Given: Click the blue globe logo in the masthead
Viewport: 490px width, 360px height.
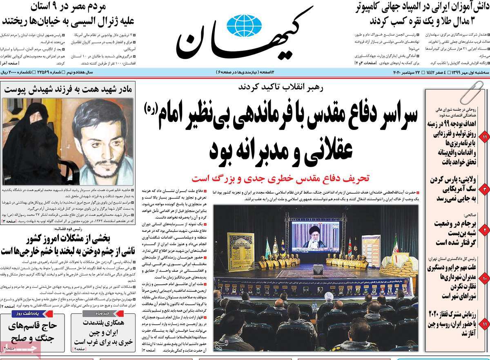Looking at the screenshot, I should [244, 25].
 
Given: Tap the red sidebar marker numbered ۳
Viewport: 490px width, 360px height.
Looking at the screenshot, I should [484, 189].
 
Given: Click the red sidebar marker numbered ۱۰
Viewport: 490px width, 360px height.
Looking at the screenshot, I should [484, 279].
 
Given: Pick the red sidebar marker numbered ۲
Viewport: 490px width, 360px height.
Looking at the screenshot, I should [484, 230].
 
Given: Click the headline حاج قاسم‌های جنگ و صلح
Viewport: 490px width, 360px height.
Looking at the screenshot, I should [33, 332].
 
